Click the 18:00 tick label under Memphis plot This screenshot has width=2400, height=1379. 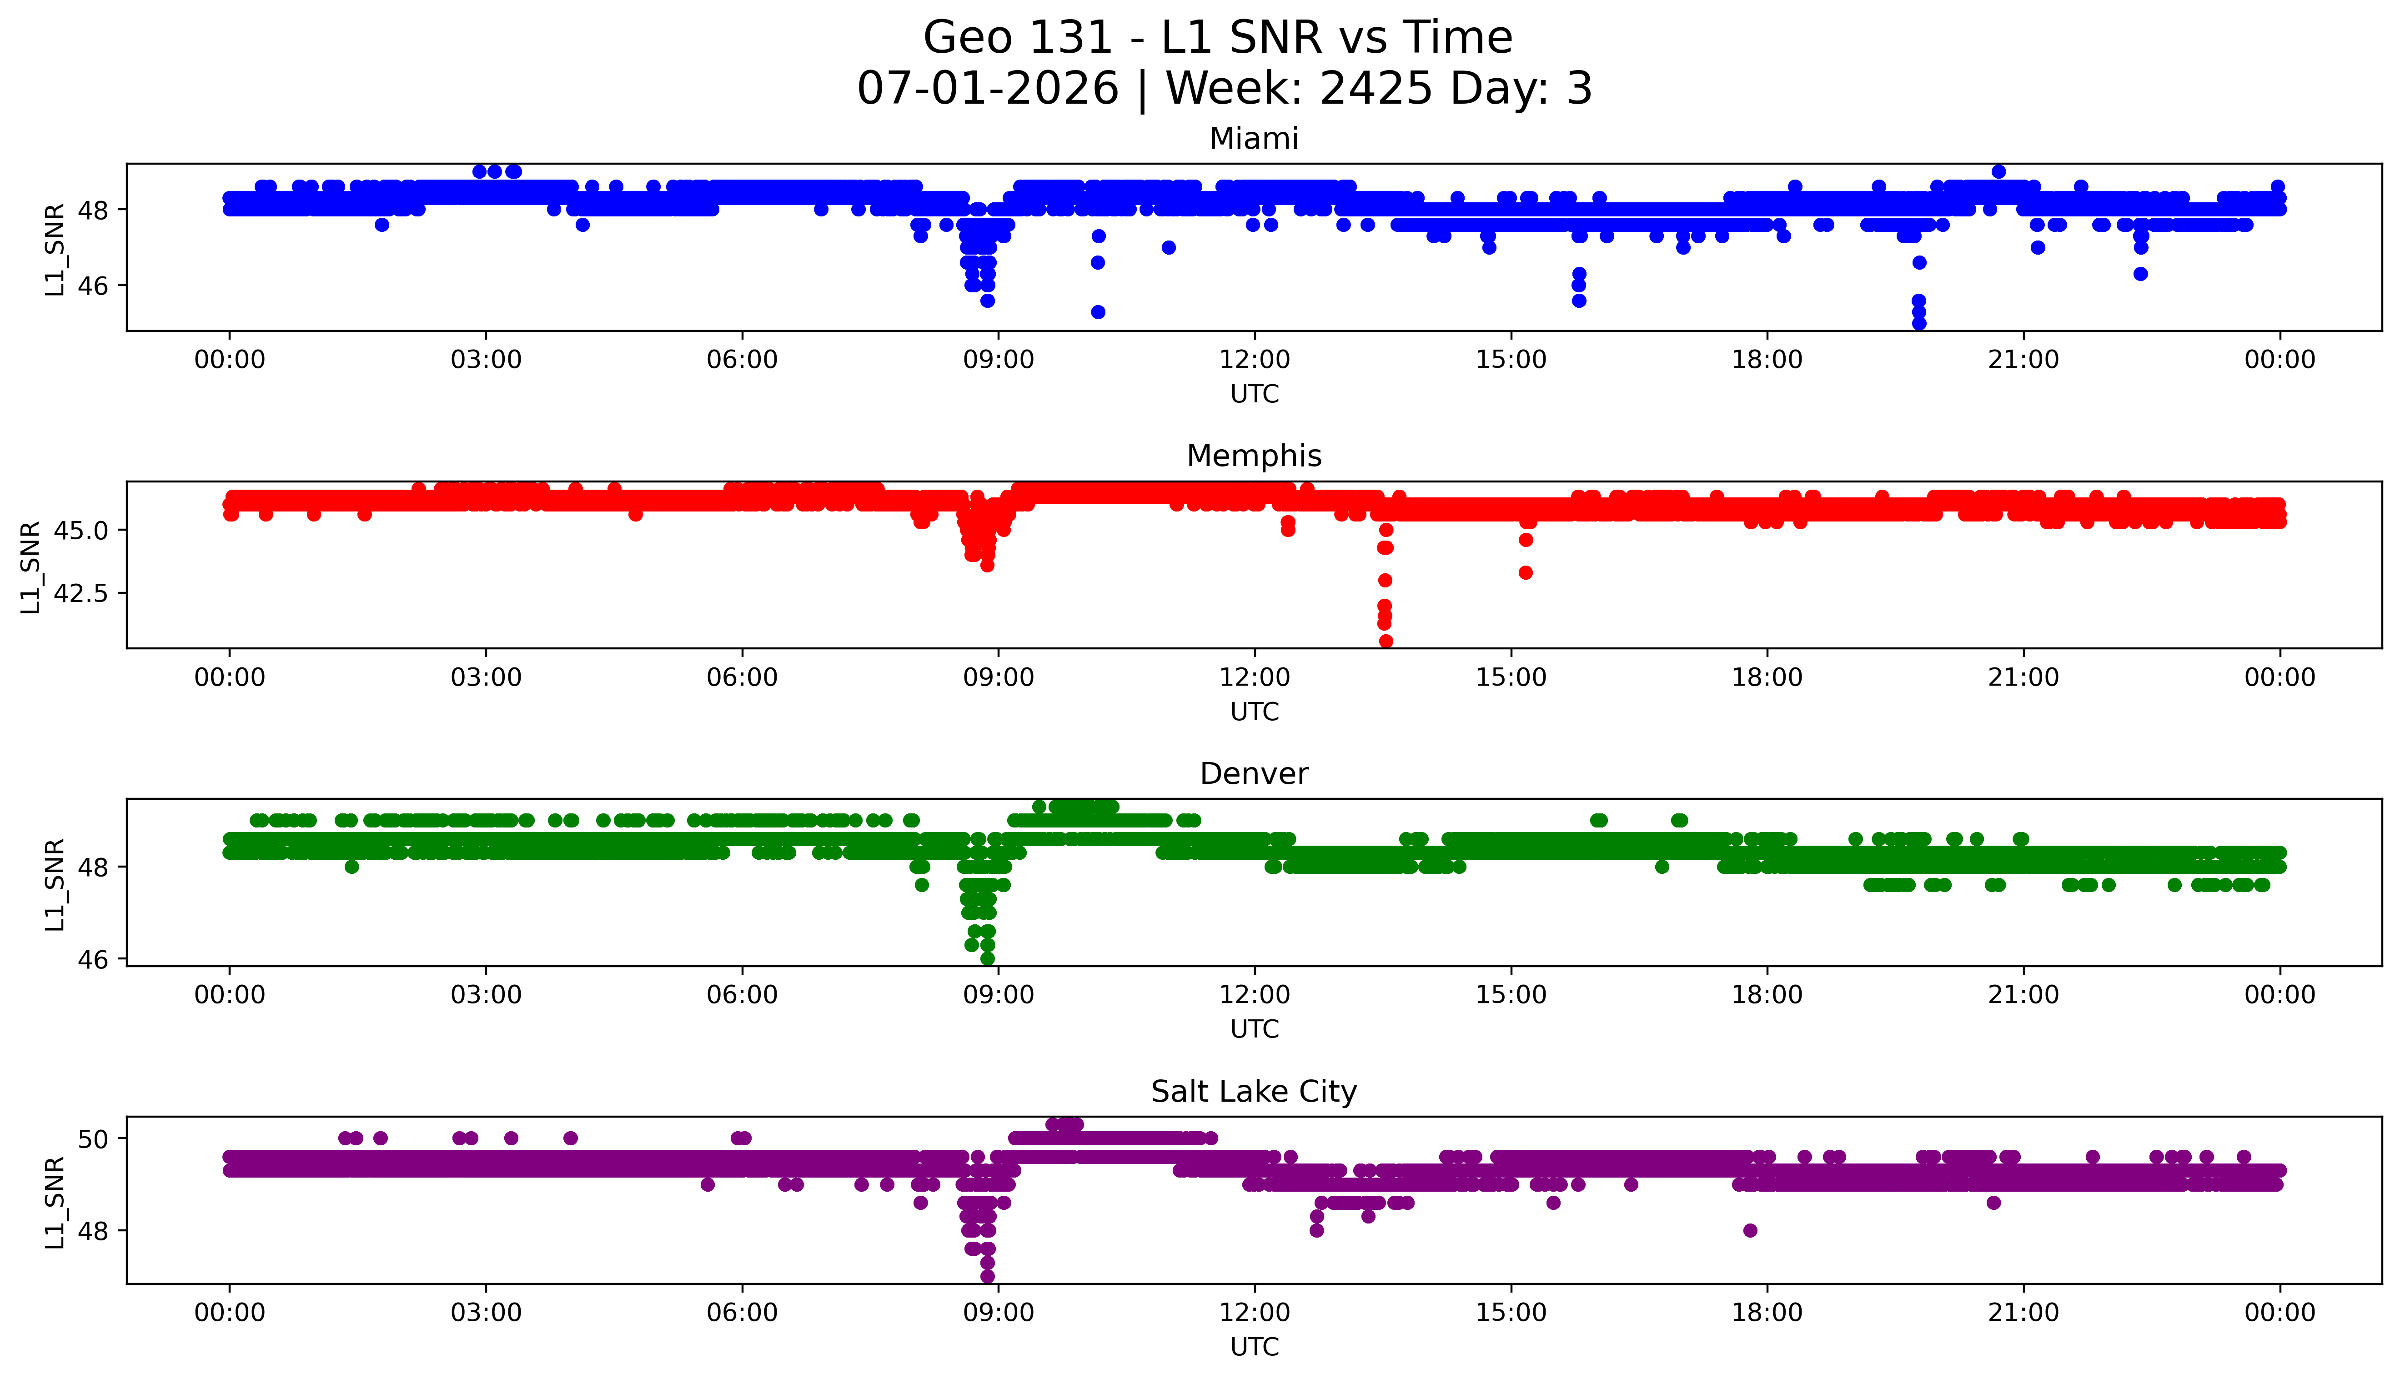pyautogui.click(x=1767, y=678)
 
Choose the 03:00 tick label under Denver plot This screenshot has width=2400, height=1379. pyautogui.click(x=486, y=995)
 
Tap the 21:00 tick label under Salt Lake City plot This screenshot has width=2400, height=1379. pyautogui.click(x=2023, y=1313)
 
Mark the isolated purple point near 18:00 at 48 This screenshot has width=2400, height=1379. pyautogui.click(x=1750, y=1230)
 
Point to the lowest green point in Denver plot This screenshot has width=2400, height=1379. pyautogui.click(x=988, y=958)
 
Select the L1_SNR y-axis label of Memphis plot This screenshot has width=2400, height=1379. pyautogui.click(x=30, y=567)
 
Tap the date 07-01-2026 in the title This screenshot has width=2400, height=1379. pyautogui.click(x=988, y=89)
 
